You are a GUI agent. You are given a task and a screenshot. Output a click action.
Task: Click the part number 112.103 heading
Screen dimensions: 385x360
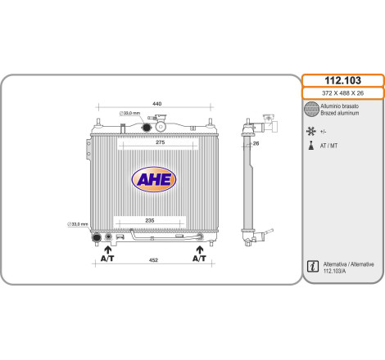pos(342,80)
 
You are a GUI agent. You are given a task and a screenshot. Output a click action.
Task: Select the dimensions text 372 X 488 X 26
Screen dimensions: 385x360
pos(342,93)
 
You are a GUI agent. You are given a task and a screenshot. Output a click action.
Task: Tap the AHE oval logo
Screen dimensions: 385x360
pos(154,179)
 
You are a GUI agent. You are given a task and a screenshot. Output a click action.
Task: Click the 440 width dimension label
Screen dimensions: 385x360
pos(156,104)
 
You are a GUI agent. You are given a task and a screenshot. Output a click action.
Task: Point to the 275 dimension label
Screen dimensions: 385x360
pos(160,142)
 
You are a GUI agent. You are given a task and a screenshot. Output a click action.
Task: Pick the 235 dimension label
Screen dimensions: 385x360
pos(150,220)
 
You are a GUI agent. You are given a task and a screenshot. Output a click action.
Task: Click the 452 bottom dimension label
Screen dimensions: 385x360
pos(153,260)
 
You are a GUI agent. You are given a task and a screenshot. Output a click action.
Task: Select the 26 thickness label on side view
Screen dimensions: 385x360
pos(256,143)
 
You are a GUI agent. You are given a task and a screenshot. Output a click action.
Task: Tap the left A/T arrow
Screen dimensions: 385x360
pos(108,250)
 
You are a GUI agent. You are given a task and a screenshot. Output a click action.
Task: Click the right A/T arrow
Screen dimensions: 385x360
pos(200,250)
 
